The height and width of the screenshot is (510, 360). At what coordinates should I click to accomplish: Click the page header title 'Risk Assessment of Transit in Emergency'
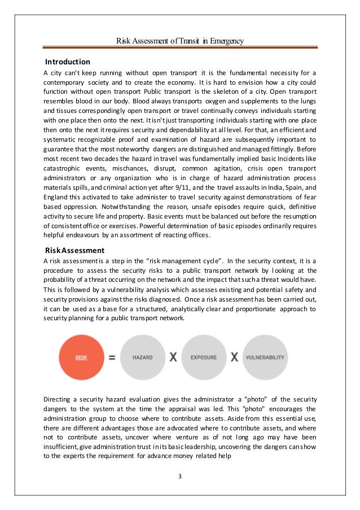point(179,40)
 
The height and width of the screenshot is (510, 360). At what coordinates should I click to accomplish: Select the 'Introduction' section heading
point(67,62)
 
